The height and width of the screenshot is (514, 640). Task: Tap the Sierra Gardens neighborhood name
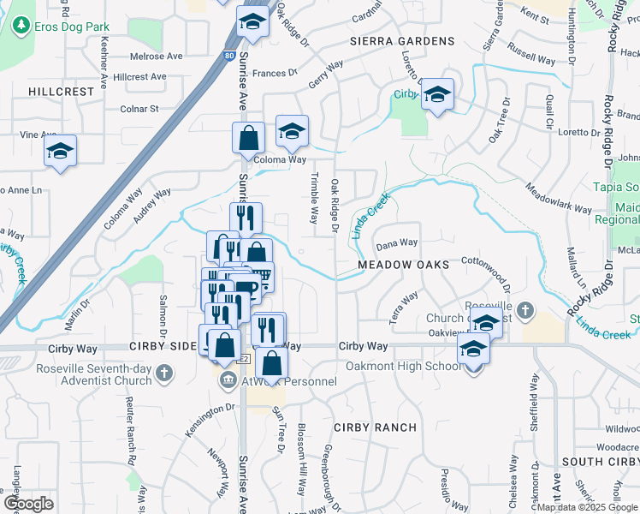click(x=401, y=41)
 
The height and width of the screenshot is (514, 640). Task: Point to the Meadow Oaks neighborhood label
click(x=403, y=265)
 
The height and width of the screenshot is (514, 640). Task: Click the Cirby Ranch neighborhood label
click(x=375, y=427)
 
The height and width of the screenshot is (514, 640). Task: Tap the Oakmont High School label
click(x=403, y=367)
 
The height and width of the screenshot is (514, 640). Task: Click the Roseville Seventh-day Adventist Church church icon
click(x=163, y=374)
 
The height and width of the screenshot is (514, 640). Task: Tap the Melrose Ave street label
click(x=157, y=57)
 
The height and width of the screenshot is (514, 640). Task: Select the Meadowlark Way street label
click(x=559, y=200)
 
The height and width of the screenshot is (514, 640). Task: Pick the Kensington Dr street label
click(x=206, y=420)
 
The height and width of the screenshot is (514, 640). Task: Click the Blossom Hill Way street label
click(x=301, y=459)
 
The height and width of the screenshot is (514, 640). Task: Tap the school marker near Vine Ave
click(x=60, y=152)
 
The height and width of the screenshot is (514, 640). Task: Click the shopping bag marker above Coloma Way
click(x=248, y=137)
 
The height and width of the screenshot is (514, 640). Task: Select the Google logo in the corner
click(x=28, y=504)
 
